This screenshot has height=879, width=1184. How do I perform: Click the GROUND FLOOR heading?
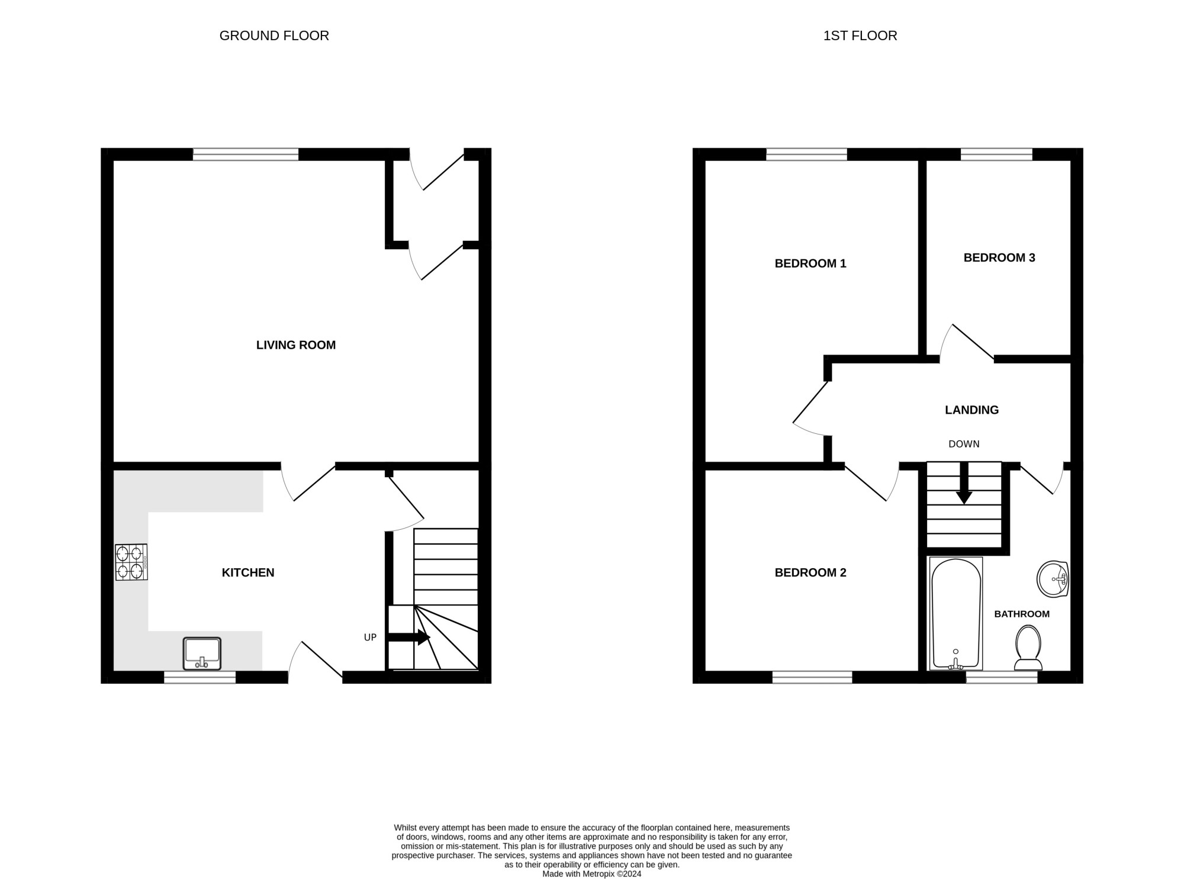pyautogui.click(x=274, y=36)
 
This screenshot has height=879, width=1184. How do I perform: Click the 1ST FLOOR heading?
pyautogui.click(x=860, y=36)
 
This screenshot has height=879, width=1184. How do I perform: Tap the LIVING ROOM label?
pyautogui.click(x=296, y=345)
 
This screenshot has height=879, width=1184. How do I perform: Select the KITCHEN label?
pyautogui.click(x=248, y=572)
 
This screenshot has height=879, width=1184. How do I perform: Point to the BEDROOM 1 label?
pyautogui.click(x=810, y=263)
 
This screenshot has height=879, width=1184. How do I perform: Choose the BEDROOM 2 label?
pyautogui.click(x=810, y=572)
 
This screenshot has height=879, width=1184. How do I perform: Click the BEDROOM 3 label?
pyautogui.click(x=999, y=257)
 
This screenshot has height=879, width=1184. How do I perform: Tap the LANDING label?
pyautogui.click(x=971, y=410)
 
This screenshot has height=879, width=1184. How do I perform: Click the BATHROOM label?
pyautogui.click(x=1022, y=614)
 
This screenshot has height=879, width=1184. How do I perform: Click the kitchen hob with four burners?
pyautogui.click(x=131, y=562)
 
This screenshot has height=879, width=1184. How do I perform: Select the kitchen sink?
pyautogui.click(x=202, y=653)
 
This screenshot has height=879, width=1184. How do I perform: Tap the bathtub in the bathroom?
pyautogui.click(x=955, y=614)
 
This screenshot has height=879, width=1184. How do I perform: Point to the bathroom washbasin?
pyautogui.click(x=1053, y=578)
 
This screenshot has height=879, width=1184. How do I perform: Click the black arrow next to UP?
pyautogui.click(x=408, y=637)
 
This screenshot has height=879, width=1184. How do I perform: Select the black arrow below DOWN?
pyautogui.click(x=964, y=483)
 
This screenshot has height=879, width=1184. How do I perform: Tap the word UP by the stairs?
pyautogui.click(x=370, y=637)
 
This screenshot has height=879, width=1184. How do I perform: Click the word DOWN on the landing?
pyautogui.click(x=964, y=444)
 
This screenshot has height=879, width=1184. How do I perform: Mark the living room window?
pyautogui.click(x=246, y=154)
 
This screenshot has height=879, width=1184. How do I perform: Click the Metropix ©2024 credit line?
pyautogui.click(x=591, y=874)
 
